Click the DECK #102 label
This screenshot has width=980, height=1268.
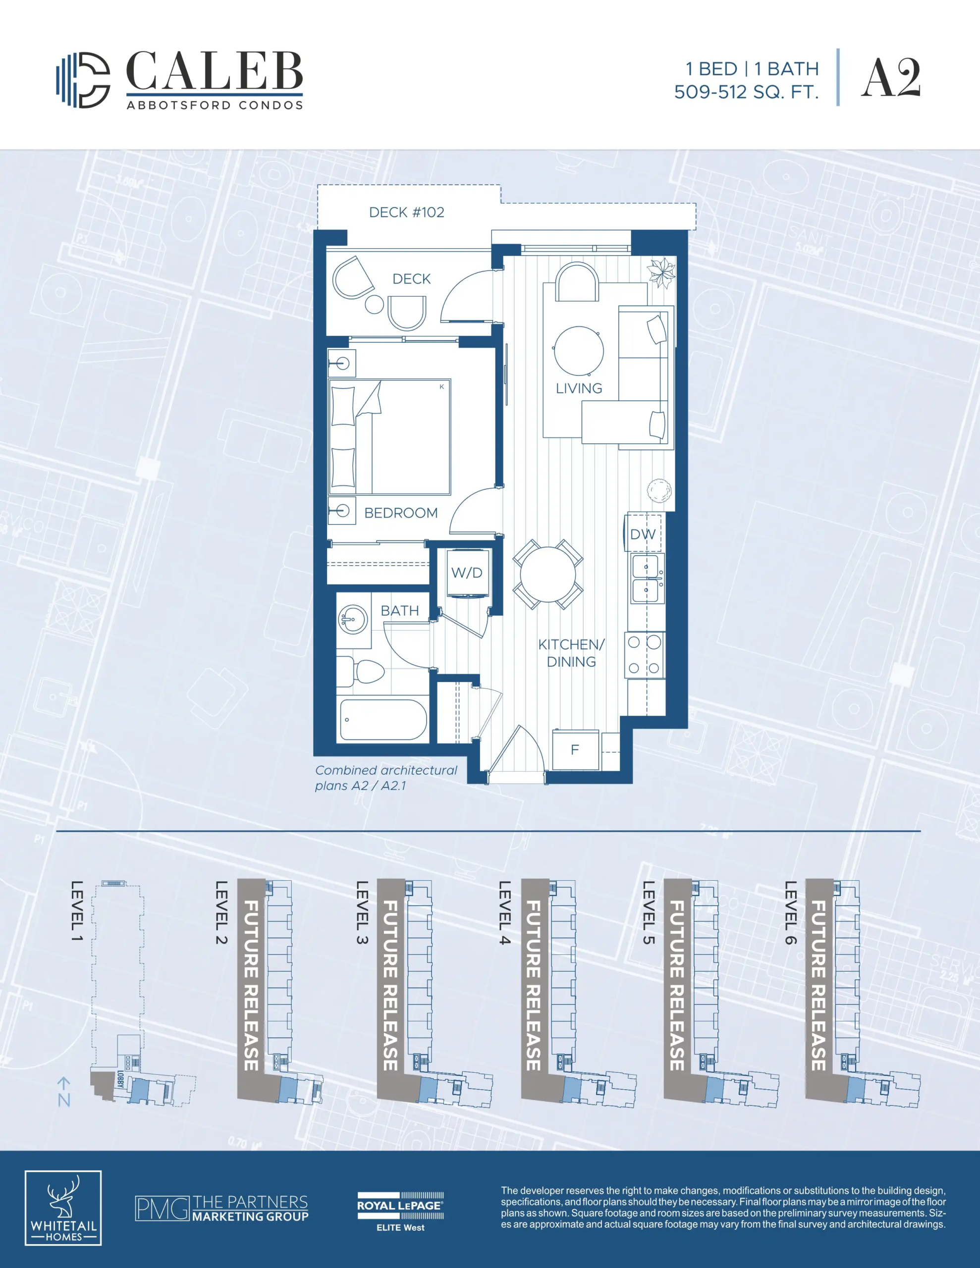(x=407, y=212)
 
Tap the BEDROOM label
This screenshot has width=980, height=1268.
(x=401, y=513)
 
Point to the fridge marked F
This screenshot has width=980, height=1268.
(x=575, y=749)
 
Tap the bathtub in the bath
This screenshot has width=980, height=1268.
(x=383, y=719)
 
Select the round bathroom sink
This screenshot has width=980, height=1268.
(x=352, y=619)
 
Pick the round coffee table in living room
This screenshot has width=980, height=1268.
(x=579, y=351)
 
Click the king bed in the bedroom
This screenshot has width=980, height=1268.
(x=390, y=436)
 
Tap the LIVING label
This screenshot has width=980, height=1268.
(x=579, y=388)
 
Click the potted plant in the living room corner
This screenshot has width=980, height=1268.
(x=661, y=272)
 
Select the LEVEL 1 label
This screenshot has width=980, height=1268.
(x=77, y=911)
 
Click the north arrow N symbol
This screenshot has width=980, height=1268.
(x=64, y=1092)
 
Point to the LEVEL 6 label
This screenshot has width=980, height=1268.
(x=791, y=912)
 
